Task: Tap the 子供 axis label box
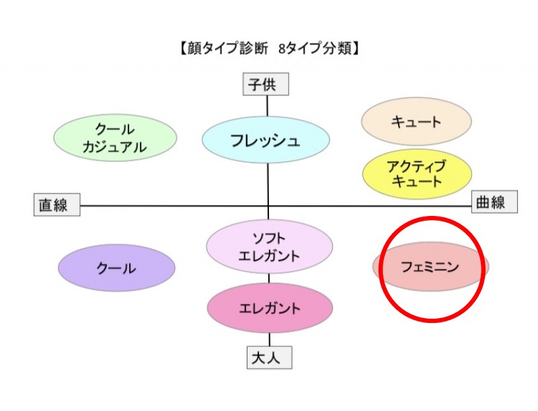click(x=266, y=85)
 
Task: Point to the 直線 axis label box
click(x=56, y=204)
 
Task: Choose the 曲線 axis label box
click(x=494, y=202)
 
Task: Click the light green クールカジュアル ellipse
click(x=115, y=139)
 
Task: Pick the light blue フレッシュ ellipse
click(x=266, y=141)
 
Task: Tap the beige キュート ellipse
click(x=416, y=122)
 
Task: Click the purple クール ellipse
click(x=116, y=268)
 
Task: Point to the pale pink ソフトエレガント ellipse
click(x=270, y=247)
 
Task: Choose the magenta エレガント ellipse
click(x=270, y=309)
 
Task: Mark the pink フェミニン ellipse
click(x=430, y=267)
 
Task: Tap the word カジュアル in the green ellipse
click(x=115, y=148)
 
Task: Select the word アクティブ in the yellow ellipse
click(x=416, y=165)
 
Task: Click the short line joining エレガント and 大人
click(x=270, y=340)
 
